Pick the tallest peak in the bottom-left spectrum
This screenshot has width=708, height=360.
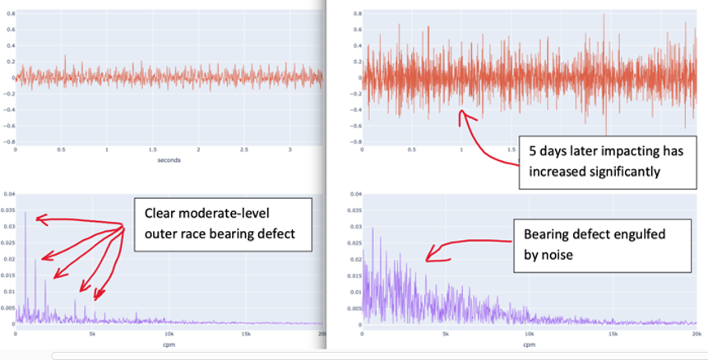tap(25, 213)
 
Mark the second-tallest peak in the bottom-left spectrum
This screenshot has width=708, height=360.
tap(35, 259)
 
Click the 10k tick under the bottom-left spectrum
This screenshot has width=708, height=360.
tap(169, 334)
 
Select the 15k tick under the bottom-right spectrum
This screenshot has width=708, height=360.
tap(613, 334)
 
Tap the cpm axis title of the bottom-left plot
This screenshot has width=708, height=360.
tap(169, 344)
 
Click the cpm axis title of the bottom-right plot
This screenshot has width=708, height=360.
tap(525, 344)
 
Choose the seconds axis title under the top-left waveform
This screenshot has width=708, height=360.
tap(169, 160)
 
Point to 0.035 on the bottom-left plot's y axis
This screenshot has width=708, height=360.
tap(7, 210)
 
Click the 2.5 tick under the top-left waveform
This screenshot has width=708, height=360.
tap(243, 150)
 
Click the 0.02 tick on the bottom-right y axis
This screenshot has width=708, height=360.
tap(354, 259)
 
